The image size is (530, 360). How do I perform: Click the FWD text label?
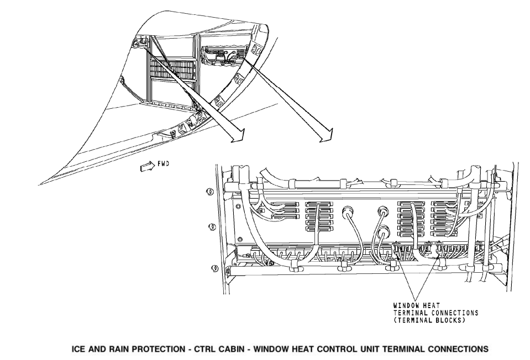[163, 164]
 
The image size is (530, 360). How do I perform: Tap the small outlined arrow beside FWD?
[146, 167]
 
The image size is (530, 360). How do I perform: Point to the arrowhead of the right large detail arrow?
[326, 135]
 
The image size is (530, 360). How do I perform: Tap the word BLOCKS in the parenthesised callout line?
[450, 320]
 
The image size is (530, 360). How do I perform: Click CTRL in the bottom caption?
[205, 349]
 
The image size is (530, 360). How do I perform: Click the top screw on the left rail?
[209, 192]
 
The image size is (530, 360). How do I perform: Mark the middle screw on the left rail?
[212, 227]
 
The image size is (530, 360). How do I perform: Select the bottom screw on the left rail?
[215, 269]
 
